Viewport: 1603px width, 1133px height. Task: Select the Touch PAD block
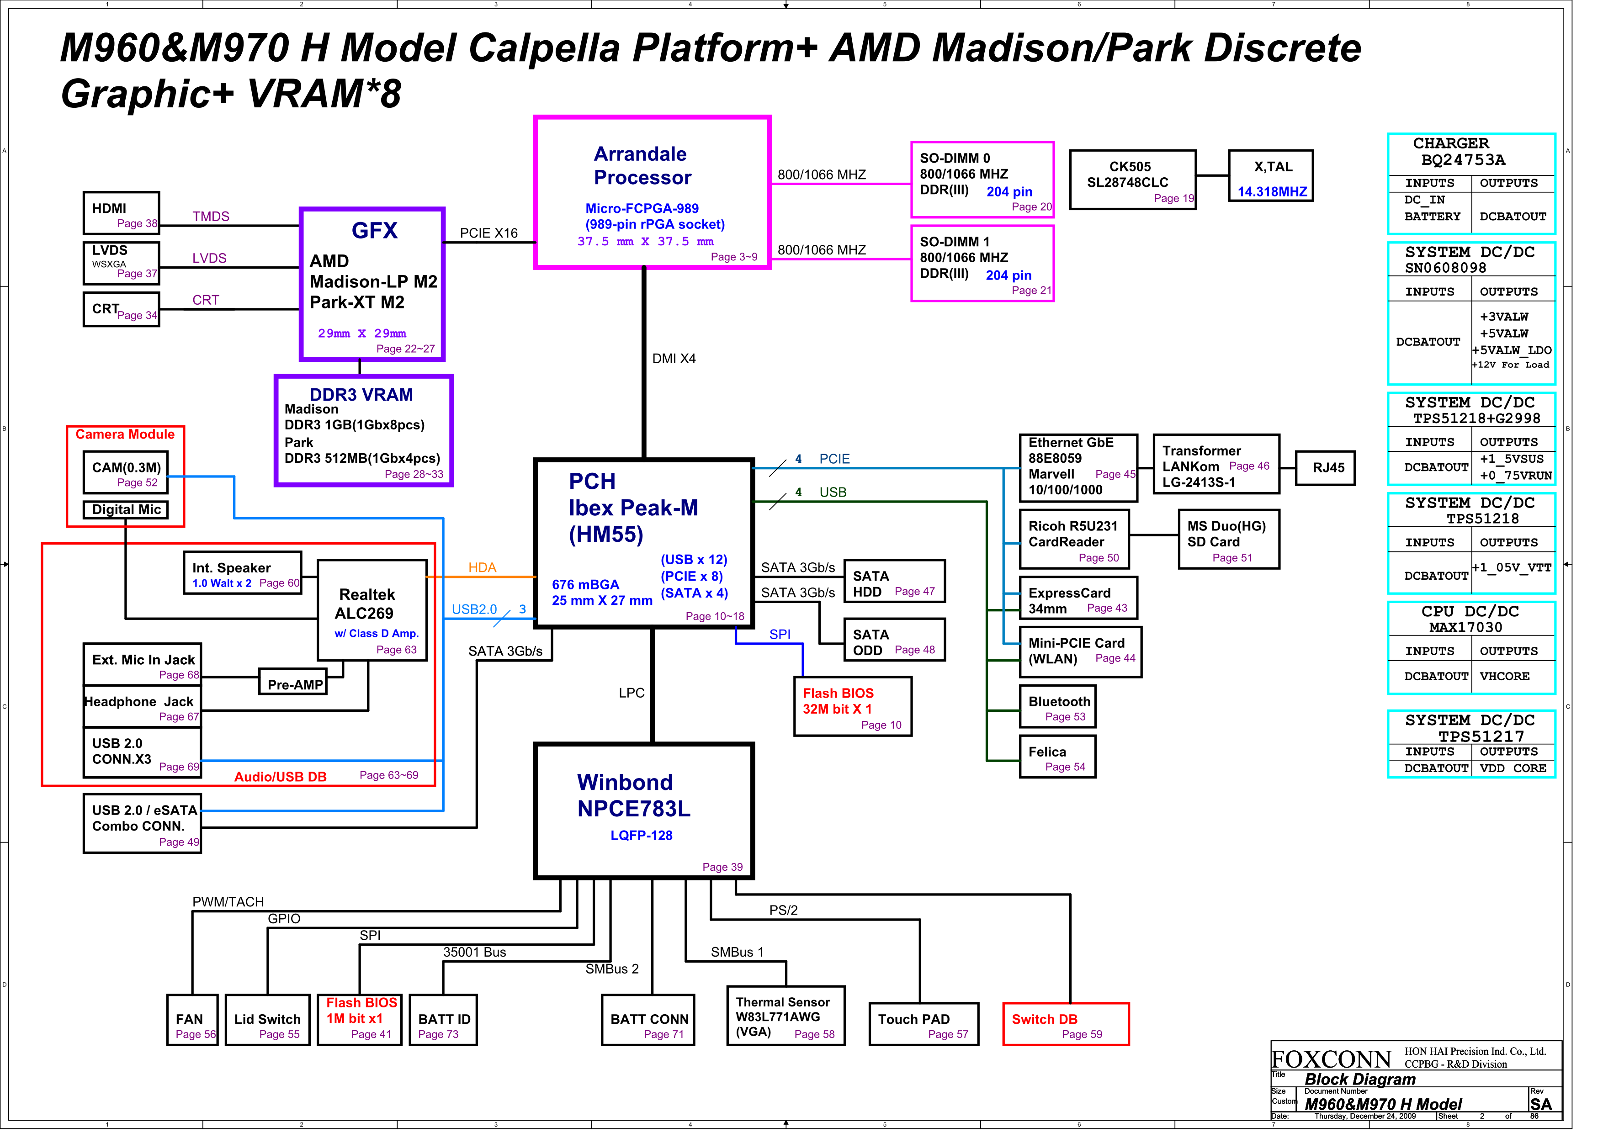(923, 1024)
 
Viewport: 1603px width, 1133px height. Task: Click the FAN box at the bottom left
(192, 1020)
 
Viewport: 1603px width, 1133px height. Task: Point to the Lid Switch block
(267, 1020)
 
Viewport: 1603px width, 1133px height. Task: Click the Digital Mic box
(126, 509)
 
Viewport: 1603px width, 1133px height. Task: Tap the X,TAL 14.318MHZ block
(1271, 176)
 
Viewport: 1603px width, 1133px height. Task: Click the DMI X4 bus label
(674, 359)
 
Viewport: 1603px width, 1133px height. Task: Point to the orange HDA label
(482, 567)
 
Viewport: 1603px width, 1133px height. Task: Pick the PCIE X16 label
(489, 233)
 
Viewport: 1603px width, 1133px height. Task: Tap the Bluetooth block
(1057, 708)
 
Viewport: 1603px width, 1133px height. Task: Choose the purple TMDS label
(211, 217)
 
